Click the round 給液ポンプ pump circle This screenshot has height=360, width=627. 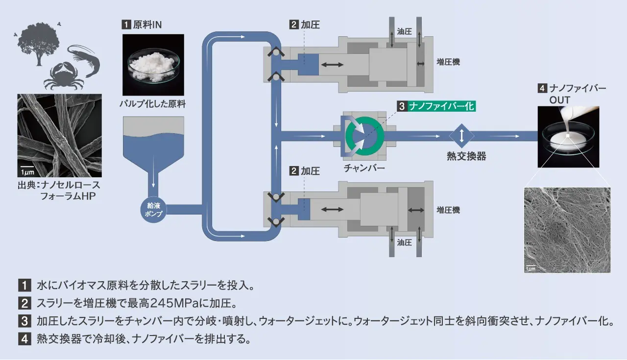(153, 210)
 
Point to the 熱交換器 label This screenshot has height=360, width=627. (466, 156)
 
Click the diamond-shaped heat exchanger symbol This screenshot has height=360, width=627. (461, 136)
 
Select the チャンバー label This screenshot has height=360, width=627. (364, 168)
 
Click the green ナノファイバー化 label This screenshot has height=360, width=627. (441, 106)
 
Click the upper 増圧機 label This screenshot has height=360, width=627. (448, 62)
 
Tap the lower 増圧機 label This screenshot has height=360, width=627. (448, 210)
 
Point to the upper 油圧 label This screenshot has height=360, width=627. (404, 32)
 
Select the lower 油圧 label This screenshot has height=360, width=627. (404, 242)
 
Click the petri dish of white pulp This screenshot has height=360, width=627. (153, 66)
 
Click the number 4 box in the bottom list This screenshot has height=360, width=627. (24, 339)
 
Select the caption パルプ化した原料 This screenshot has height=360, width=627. (153, 104)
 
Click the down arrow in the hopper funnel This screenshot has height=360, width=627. (153, 171)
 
